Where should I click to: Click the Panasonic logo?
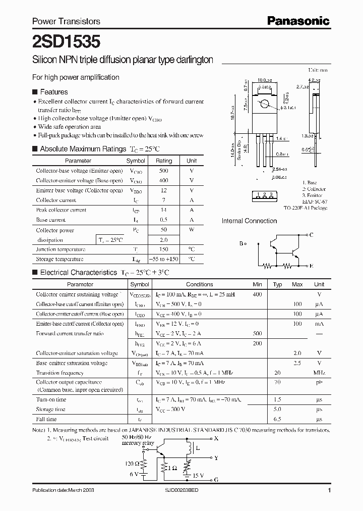point(298,21)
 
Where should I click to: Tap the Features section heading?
point(53,92)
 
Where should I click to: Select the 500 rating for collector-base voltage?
point(163,171)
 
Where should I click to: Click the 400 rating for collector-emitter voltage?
point(163,180)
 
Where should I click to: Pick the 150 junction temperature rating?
point(163,249)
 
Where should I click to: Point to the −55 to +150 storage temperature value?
point(163,259)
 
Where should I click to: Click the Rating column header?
point(163,161)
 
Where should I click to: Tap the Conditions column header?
point(200,284)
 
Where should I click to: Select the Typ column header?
point(277,284)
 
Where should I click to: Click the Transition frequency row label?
point(60,373)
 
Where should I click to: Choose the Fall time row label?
point(46,419)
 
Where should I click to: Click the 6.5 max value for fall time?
point(297,419)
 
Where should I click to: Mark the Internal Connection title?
point(249,221)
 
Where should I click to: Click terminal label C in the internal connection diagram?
point(311,235)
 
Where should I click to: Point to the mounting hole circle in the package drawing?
point(264,104)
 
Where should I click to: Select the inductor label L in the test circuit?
point(197,448)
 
